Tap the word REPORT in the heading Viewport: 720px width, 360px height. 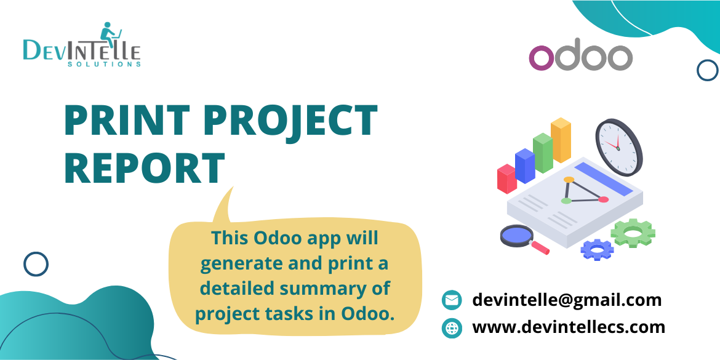(145, 167)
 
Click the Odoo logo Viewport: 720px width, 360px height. (580, 57)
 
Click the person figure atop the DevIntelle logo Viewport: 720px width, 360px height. (110, 32)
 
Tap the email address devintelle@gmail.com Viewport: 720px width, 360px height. (567, 300)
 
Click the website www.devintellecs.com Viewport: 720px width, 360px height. (569, 327)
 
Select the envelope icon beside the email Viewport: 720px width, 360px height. (452, 300)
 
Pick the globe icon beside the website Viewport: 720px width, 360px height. (452, 327)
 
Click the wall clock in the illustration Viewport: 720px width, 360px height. (618, 147)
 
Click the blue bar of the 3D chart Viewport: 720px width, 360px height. (525, 166)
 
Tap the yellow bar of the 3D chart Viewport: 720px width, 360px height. (561, 140)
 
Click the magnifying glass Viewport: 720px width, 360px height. (519, 237)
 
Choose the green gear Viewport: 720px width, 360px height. (633, 233)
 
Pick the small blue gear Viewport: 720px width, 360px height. (597, 249)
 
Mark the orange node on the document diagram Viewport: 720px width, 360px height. (569, 180)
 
